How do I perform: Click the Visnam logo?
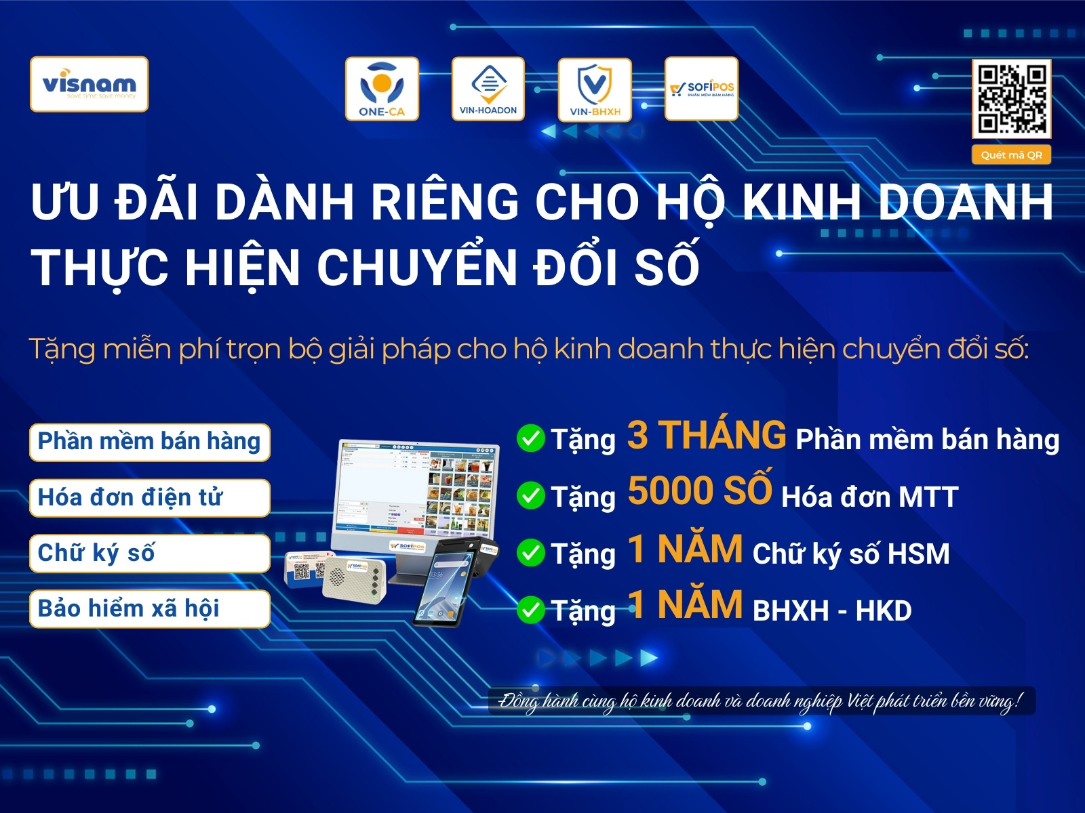click(89, 84)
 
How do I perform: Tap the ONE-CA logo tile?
click(382, 89)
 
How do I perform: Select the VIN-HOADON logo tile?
click(488, 89)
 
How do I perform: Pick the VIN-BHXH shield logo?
click(595, 89)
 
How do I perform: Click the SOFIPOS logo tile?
click(701, 89)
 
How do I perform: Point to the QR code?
click(1011, 99)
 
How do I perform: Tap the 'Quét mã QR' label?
click(1011, 155)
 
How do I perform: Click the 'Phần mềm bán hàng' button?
click(149, 442)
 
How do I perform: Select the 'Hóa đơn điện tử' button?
click(149, 498)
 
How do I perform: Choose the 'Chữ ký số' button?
click(149, 554)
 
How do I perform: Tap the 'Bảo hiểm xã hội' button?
click(149, 609)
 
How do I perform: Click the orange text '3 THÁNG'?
click(707, 435)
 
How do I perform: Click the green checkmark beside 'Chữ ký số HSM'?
click(530, 553)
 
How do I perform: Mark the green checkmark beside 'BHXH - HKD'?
click(530, 610)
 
